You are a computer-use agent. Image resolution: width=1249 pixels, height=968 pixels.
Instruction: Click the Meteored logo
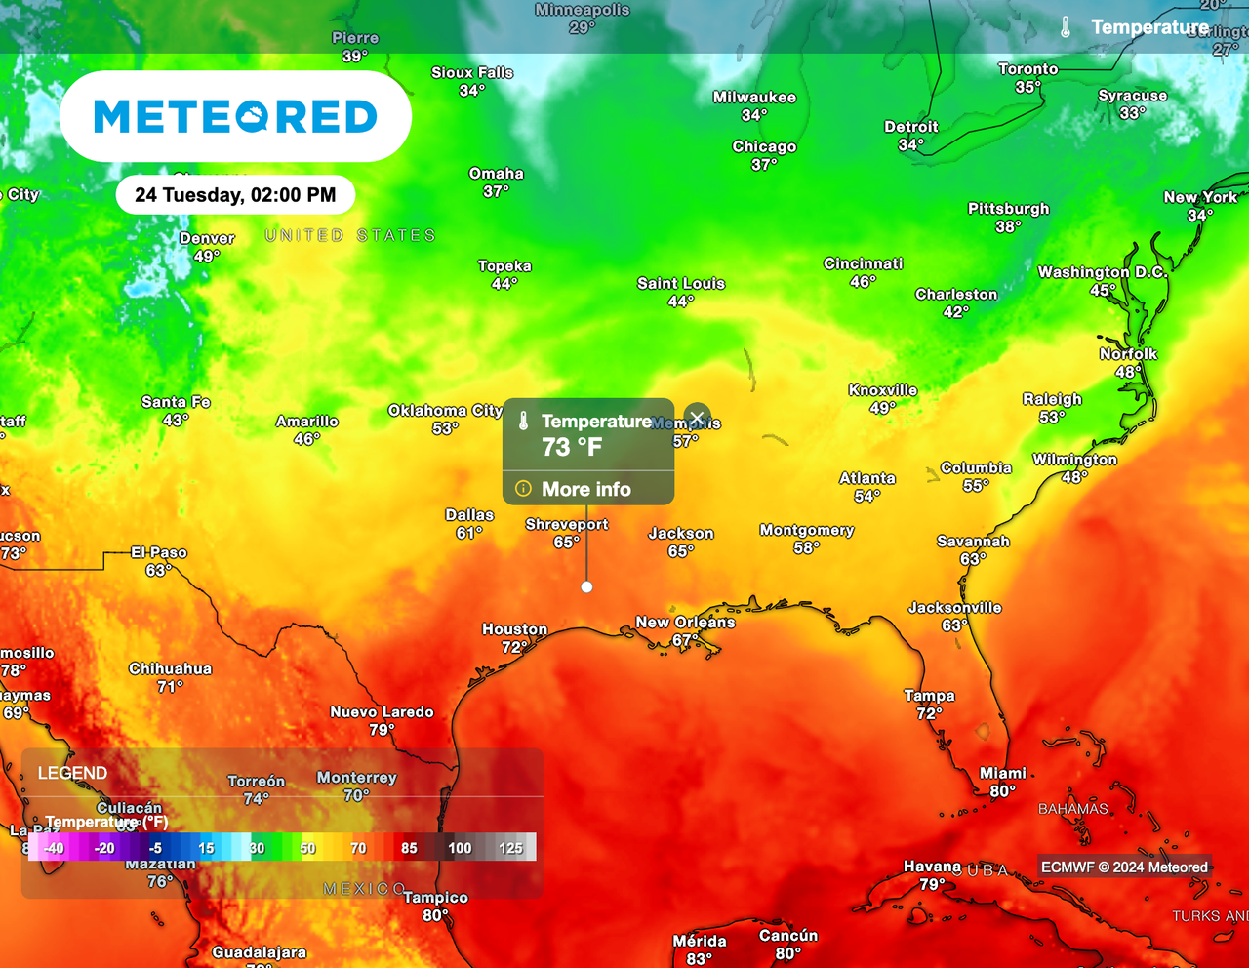click(x=235, y=116)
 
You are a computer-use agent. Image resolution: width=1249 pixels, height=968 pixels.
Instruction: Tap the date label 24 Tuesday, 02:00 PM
click(x=235, y=195)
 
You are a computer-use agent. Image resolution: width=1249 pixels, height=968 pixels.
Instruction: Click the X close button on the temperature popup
click(x=697, y=418)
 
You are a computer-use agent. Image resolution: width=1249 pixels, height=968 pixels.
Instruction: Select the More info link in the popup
click(x=585, y=489)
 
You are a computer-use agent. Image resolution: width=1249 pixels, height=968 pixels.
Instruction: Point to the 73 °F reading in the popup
click(x=572, y=447)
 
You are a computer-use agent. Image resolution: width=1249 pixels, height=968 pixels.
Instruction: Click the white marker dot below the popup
click(x=586, y=586)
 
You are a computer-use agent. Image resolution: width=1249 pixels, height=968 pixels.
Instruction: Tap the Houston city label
click(x=514, y=629)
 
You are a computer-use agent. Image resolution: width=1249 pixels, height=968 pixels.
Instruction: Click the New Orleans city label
click(x=685, y=623)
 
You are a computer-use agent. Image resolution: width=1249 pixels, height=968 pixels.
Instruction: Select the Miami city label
click(x=1003, y=773)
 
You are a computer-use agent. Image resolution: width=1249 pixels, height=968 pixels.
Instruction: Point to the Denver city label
click(x=207, y=238)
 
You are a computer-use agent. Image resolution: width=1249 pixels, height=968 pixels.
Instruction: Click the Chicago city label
click(x=764, y=147)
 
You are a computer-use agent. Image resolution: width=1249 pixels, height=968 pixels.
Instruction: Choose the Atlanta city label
click(x=867, y=478)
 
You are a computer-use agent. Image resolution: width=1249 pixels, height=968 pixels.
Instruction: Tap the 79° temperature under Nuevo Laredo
click(x=382, y=730)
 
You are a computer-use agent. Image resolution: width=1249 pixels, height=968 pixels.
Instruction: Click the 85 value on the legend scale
click(x=409, y=848)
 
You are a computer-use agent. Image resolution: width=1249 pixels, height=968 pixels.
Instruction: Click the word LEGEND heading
click(x=72, y=773)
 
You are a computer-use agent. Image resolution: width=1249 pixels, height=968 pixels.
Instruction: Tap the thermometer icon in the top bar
click(x=1066, y=27)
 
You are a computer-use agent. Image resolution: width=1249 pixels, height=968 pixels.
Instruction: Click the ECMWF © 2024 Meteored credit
click(x=1124, y=867)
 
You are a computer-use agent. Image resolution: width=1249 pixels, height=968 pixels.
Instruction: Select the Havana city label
click(x=932, y=867)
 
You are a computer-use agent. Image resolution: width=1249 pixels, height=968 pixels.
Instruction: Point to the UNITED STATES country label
click(x=350, y=235)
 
